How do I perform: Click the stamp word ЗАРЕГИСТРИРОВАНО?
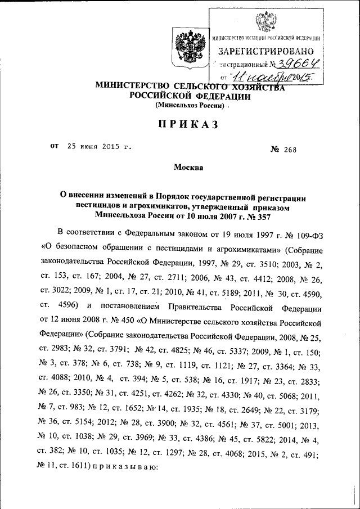[265, 51]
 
